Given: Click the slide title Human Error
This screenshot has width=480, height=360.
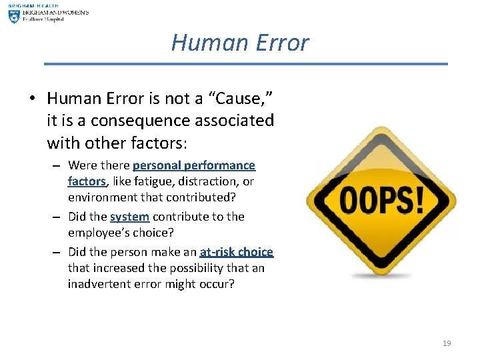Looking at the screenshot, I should (x=240, y=43).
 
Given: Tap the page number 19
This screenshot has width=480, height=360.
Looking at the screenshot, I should (x=447, y=343).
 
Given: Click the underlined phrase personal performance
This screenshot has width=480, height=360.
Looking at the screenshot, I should (x=194, y=165).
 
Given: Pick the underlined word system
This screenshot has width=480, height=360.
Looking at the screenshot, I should (x=129, y=217).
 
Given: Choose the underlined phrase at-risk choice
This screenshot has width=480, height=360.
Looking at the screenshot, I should (x=237, y=252).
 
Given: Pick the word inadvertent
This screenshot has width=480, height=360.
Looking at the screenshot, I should (x=99, y=284).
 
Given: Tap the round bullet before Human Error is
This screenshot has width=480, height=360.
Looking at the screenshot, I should (x=32, y=99).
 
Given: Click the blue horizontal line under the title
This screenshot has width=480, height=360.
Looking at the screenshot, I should (x=246, y=64).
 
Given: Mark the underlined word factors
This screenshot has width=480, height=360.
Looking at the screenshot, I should (x=87, y=181).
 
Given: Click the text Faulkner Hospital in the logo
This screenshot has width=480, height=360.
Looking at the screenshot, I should (x=45, y=19).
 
